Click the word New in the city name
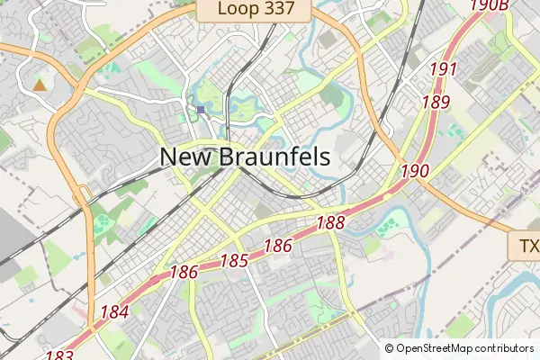click(x=186, y=157)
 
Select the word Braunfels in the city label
click(x=274, y=157)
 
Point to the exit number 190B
click(x=490, y=6)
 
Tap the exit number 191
click(x=444, y=69)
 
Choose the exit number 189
click(x=435, y=102)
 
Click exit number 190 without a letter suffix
click(x=415, y=171)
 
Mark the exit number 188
click(x=331, y=221)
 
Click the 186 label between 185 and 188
click(x=278, y=245)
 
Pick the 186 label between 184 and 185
click(x=184, y=271)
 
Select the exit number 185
click(x=234, y=262)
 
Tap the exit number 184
click(x=114, y=313)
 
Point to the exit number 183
click(x=58, y=355)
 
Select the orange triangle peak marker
click(x=39, y=85)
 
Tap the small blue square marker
click(x=201, y=111)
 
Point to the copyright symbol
click(x=390, y=348)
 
